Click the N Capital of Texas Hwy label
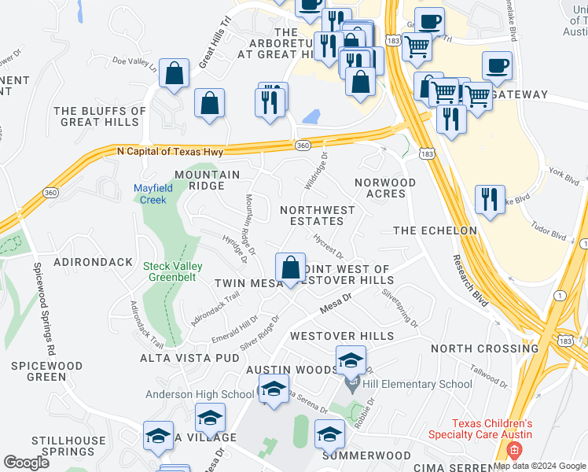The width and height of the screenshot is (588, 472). click(170, 151)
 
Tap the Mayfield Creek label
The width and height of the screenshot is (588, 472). click(149, 194)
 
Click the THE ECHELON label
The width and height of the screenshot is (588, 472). click(435, 230)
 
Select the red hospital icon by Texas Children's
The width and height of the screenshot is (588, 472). click(514, 452)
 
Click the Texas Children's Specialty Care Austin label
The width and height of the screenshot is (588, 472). click(480, 429)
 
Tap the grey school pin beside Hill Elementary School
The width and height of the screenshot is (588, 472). click(351, 385)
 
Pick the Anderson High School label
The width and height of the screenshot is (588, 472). click(200, 394)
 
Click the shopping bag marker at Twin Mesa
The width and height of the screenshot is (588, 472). click(291, 267)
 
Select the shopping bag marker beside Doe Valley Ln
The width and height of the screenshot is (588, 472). click(175, 75)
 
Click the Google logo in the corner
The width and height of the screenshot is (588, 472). click(27, 463)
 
